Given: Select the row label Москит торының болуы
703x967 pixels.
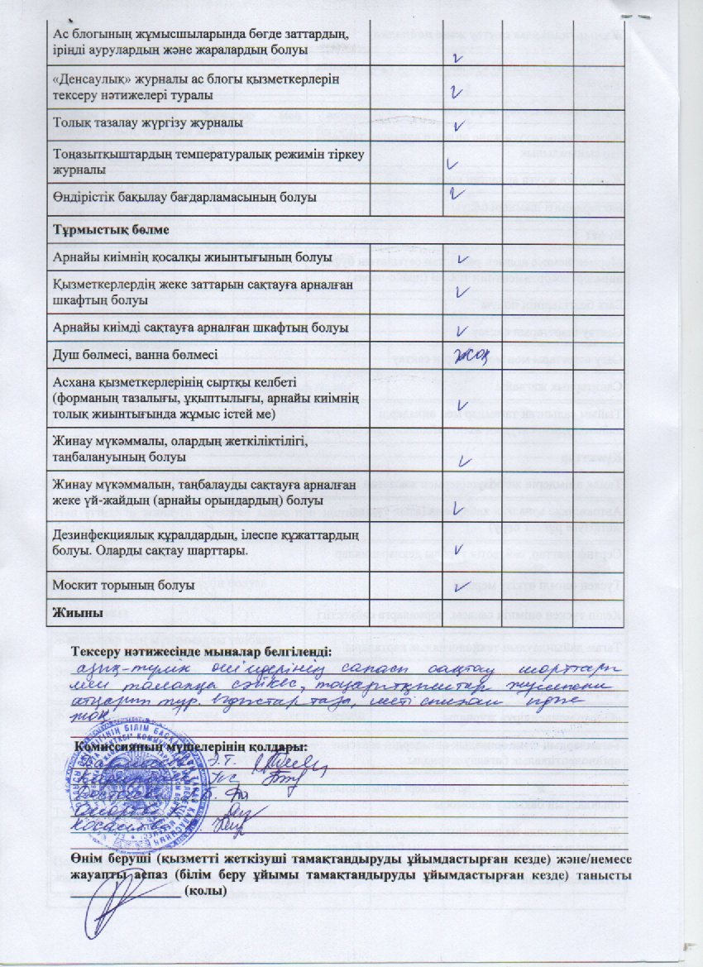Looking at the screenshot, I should (123, 584).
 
